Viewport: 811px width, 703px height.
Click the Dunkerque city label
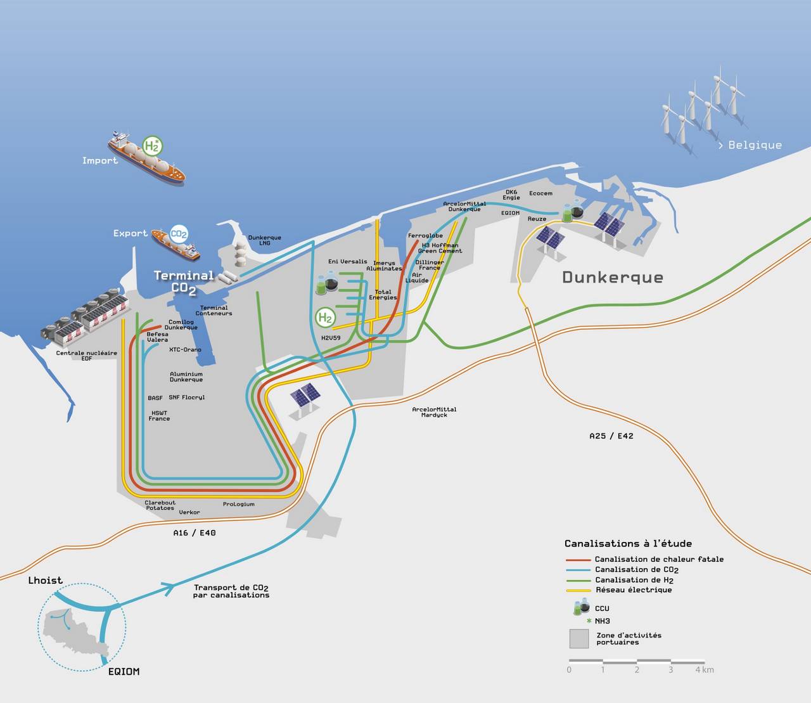[x=613, y=277]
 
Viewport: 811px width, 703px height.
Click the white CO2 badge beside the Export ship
[x=179, y=235]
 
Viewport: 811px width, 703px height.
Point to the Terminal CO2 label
[x=184, y=282]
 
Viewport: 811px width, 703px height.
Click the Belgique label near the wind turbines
[x=750, y=145]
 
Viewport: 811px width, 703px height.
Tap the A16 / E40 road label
[x=195, y=532]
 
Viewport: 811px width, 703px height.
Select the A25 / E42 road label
[x=611, y=435]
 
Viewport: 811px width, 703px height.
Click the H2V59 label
[x=331, y=338]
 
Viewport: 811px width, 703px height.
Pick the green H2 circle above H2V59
[x=325, y=318]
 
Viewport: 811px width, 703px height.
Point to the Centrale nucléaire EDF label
[x=86, y=356]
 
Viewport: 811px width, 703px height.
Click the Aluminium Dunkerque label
[x=186, y=377]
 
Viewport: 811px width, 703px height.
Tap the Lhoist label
[x=45, y=580]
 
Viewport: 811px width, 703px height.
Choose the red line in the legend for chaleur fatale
[x=578, y=560]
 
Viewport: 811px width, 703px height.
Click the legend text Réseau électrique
[x=634, y=590]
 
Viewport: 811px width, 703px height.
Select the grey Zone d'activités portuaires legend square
[x=579, y=638]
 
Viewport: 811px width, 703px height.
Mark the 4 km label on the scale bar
[x=705, y=669]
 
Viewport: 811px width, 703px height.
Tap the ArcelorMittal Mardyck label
[x=434, y=412]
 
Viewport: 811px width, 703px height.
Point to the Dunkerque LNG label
[x=264, y=240]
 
